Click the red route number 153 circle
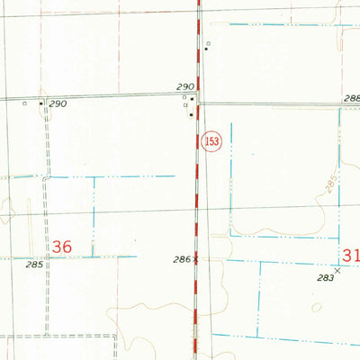coord(211,142)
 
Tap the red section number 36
coord(62,246)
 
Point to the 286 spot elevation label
coord(181,259)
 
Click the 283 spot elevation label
coord(325,278)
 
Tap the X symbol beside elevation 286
coord(194,259)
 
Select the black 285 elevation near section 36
coord(34,265)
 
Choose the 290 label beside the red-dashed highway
coord(184,84)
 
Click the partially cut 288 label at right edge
coord(352,98)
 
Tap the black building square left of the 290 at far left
coord(40,103)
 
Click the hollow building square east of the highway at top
coord(206,42)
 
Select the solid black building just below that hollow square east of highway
coord(206,49)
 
